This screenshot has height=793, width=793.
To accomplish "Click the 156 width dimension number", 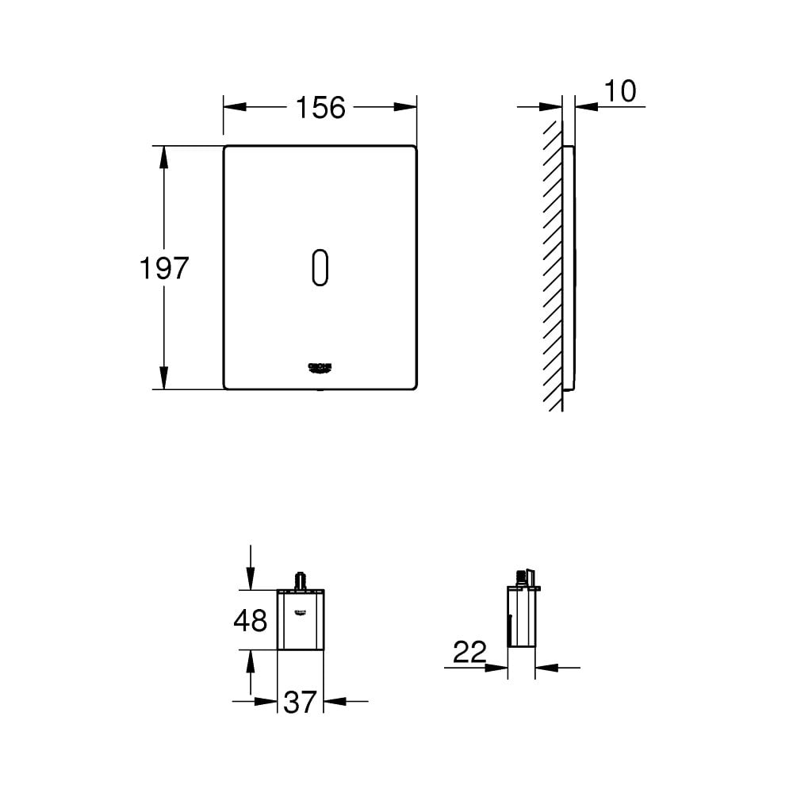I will pos(321,107).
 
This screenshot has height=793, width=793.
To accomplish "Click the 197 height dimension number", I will pos(164,268).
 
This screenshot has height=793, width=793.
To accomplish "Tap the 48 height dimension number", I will pos(250,620).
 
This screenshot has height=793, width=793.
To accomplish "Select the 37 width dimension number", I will pos(300,701).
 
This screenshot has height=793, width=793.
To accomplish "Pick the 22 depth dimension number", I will pos(469,653).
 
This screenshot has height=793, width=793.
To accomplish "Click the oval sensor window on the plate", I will pos(320,267).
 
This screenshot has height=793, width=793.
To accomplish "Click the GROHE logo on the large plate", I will pos(320,366).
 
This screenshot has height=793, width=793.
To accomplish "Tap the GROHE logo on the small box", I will pos(301,611).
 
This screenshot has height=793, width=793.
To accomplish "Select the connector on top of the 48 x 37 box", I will pos(301,580).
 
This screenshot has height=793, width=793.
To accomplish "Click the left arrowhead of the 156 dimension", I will pos(235,107).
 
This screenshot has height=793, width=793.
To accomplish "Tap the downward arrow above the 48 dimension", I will pos(251,580).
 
